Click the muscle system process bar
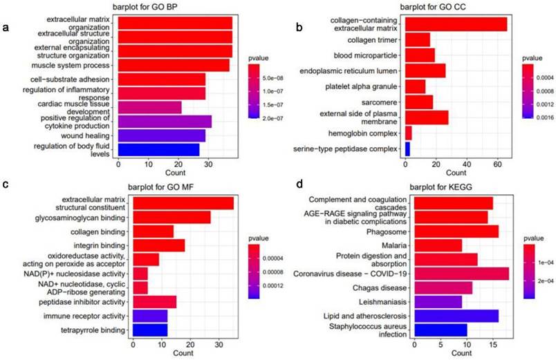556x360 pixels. pyautogui.click(x=174, y=65)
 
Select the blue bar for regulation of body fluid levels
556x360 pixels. pyautogui.click(x=158, y=149)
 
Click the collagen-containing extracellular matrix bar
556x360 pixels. pyautogui.click(x=456, y=24)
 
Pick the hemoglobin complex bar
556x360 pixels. pyautogui.click(x=408, y=133)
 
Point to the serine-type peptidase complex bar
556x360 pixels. pyautogui.click(x=407, y=148)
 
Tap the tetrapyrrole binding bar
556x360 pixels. pyautogui.click(x=149, y=331)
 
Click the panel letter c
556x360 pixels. pyautogui.click(x=6, y=185)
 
